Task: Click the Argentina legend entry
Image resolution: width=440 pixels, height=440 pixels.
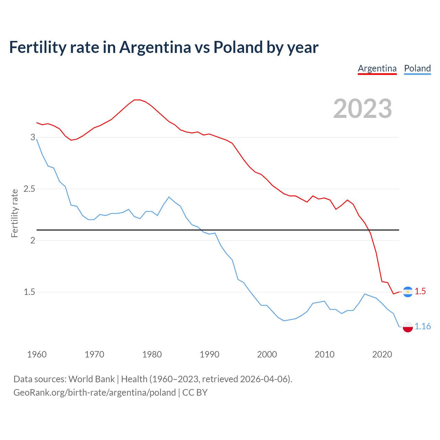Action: click(x=377, y=68)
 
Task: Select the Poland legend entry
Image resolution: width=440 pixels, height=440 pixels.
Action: click(x=417, y=68)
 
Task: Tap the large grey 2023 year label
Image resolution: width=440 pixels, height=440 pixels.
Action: click(x=363, y=109)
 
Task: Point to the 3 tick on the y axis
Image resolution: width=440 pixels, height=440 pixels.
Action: click(x=33, y=137)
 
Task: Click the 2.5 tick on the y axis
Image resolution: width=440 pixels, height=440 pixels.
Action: click(x=30, y=189)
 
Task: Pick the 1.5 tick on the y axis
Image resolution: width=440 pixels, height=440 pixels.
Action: click(x=30, y=292)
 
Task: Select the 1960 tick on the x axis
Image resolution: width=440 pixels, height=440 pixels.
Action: click(x=37, y=354)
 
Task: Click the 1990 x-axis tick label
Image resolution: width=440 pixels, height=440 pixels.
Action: click(x=209, y=354)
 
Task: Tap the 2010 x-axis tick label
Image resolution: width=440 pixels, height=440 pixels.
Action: click(x=324, y=354)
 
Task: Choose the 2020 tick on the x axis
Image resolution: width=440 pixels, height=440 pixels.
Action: click(x=382, y=354)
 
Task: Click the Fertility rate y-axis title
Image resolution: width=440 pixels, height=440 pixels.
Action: click(x=14, y=213)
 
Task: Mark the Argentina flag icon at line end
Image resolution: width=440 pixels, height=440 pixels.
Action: click(x=408, y=292)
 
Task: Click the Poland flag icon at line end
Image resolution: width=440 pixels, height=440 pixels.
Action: click(x=408, y=327)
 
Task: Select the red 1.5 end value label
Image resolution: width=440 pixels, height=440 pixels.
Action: click(x=420, y=291)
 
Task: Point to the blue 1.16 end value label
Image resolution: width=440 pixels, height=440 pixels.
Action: click(x=422, y=326)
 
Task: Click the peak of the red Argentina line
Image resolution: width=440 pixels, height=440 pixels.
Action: click(x=137, y=100)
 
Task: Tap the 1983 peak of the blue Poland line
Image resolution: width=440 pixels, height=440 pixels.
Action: click(x=169, y=197)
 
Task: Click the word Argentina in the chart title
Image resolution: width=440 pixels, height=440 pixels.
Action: click(x=155, y=47)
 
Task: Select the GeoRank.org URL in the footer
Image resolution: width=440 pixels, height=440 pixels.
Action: click(x=95, y=393)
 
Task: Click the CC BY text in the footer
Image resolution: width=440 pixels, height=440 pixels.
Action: click(x=195, y=393)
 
